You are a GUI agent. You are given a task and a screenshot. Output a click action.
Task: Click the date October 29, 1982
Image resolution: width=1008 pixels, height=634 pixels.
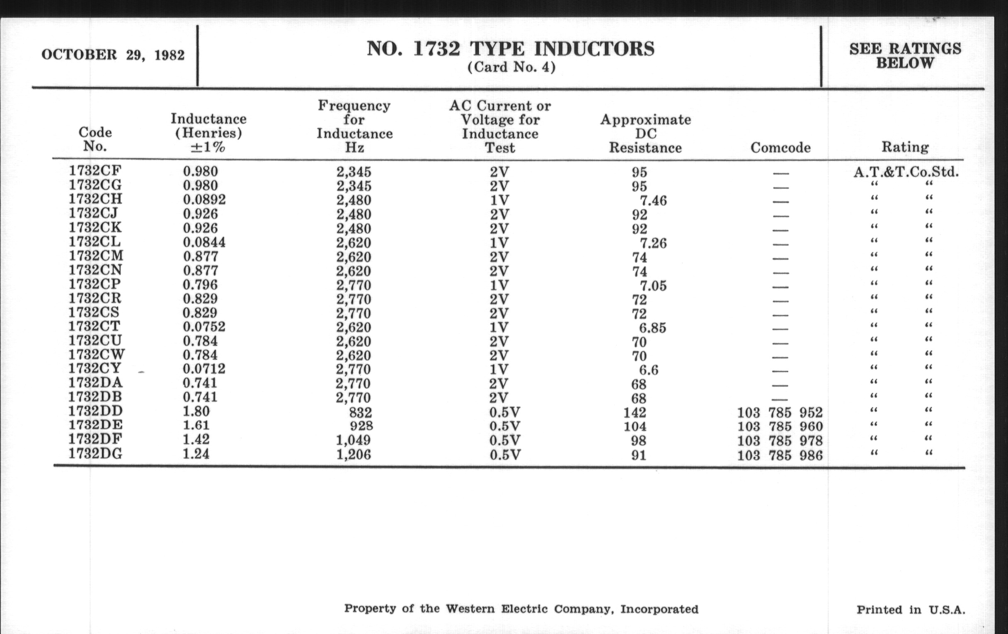click(113, 55)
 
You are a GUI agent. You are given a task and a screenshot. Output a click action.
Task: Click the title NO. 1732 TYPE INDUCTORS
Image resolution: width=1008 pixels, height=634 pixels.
click(511, 49)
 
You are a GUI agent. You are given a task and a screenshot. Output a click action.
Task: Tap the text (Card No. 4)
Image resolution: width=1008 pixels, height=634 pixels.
click(511, 67)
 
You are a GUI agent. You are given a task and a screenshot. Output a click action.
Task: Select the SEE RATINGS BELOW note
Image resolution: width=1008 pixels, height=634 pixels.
click(905, 56)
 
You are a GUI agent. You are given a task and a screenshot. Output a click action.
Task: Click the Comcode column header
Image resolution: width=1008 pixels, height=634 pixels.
click(780, 147)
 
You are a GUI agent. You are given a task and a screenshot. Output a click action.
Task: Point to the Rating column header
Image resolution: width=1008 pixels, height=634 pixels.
click(905, 147)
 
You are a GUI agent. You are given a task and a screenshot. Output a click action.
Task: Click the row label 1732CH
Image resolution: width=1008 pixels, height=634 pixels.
click(95, 199)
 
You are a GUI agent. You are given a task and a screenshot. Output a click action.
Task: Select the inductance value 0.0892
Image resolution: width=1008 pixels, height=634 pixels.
click(204, 200)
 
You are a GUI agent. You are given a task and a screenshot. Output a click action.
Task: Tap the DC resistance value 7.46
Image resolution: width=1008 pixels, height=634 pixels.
click(653, 201)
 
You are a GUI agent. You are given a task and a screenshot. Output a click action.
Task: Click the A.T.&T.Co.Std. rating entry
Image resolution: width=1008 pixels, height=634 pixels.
click(906, 172)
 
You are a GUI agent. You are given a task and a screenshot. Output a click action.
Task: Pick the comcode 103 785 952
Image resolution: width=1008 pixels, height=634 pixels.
click(780, 413)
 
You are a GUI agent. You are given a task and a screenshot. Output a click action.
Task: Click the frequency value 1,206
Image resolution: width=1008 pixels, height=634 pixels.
click(354, 455)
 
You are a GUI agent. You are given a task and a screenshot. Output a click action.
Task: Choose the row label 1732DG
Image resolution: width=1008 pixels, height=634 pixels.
click(95, 453)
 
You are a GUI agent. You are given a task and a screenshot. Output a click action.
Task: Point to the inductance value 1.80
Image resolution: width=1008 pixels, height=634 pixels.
click(196, 411)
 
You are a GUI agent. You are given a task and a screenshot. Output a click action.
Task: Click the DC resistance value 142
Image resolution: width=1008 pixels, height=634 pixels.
click(635, 413)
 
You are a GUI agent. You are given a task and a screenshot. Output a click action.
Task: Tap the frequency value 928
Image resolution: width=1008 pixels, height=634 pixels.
click(361, 426)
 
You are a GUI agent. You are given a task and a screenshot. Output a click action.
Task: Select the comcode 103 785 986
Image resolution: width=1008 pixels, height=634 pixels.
click(780, 455)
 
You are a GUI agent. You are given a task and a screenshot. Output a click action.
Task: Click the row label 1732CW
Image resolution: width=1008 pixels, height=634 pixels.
click(97, 354)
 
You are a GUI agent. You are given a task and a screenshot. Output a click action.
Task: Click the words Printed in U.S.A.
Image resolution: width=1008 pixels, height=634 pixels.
click(911, 610)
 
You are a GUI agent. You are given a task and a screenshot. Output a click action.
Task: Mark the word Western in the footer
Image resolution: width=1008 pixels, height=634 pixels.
click(470, 609)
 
